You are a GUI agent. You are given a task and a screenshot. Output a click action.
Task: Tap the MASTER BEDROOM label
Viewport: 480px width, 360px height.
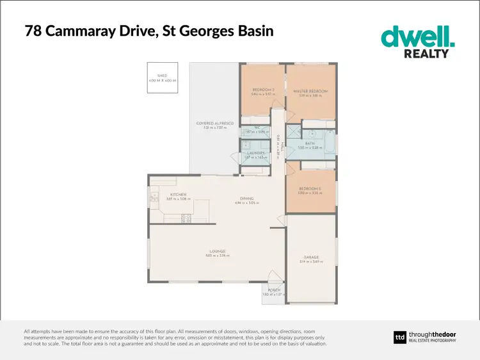click(310, 92)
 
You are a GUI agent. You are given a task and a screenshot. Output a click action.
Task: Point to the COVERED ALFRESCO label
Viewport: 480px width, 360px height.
click(214, 122)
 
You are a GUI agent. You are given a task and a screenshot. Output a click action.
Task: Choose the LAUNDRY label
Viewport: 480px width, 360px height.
click(256, 154)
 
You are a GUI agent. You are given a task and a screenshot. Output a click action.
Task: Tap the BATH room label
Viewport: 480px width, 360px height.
click(309, 143)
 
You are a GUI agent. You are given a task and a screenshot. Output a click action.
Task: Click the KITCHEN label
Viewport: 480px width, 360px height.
click(177, 195)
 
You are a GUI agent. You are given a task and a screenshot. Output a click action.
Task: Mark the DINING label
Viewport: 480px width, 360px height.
click(247, 199)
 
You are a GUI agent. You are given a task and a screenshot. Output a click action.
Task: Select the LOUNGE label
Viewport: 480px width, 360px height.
click(217, 251)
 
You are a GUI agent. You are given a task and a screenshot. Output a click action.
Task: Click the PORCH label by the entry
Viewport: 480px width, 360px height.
click(273, 290)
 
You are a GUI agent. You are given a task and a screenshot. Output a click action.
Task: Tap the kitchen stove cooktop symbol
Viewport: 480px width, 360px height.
click(187, 218)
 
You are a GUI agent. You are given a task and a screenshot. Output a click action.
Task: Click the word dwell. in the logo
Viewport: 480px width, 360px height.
click(418, 37)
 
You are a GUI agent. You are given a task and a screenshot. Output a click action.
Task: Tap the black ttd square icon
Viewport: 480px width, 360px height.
click(399, 338)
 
